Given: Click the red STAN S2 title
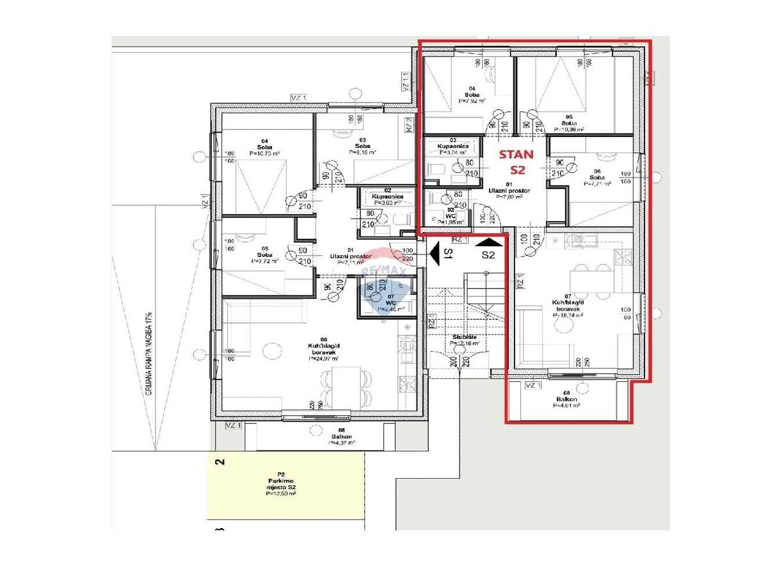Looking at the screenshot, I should [515, 162].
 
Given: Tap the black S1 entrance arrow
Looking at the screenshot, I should [435, 254].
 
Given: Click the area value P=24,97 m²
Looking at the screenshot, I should [324, 359].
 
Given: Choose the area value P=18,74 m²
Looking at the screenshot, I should [564, 315].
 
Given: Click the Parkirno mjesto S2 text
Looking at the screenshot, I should [282, 484].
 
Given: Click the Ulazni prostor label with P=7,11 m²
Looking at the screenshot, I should [350, 260].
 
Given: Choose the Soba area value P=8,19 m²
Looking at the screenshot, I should [362, 153].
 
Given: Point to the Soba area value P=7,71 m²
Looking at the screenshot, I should [596, 183].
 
